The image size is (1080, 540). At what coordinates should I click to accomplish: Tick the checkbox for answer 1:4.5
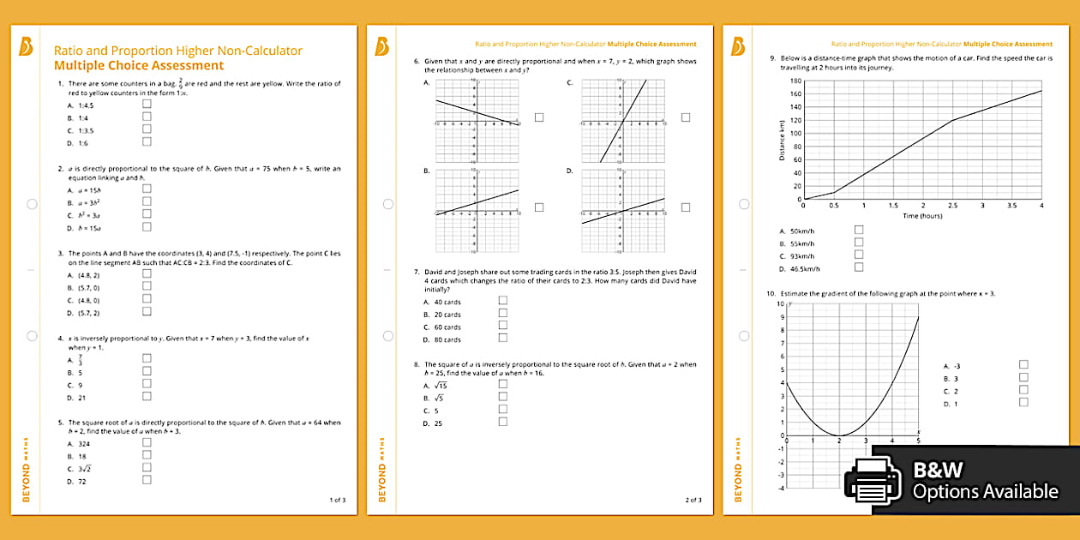click(147, 104)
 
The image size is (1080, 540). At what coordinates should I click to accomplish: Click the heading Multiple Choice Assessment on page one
click(138, 65)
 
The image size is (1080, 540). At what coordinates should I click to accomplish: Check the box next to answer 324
click(147, 442)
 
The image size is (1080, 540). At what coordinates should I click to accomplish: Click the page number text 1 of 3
click(337, 500)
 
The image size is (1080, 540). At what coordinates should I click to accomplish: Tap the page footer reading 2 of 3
click(693, 500)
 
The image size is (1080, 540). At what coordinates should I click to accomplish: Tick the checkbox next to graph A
click(539, 117)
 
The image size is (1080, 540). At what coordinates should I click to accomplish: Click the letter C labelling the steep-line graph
click(569, 83)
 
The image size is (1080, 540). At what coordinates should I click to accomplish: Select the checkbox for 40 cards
click(503, 301)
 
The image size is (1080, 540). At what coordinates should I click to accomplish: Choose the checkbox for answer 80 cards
click(503, 339)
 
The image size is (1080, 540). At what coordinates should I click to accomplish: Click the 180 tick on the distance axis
click(795, 81)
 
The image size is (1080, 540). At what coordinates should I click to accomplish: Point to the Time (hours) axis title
click(922, 216)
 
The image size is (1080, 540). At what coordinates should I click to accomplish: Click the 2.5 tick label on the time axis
click(952, 206)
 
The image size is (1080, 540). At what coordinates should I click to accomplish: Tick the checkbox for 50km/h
click(859, 230)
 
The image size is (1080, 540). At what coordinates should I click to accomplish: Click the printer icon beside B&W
click(873, 481)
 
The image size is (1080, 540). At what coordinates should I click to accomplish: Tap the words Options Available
click(985, 492)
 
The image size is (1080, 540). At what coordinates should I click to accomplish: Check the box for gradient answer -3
click(1023, 364)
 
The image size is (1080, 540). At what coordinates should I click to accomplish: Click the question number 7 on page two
click(416, 272)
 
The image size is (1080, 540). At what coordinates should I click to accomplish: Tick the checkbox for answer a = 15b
click(147, 189)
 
